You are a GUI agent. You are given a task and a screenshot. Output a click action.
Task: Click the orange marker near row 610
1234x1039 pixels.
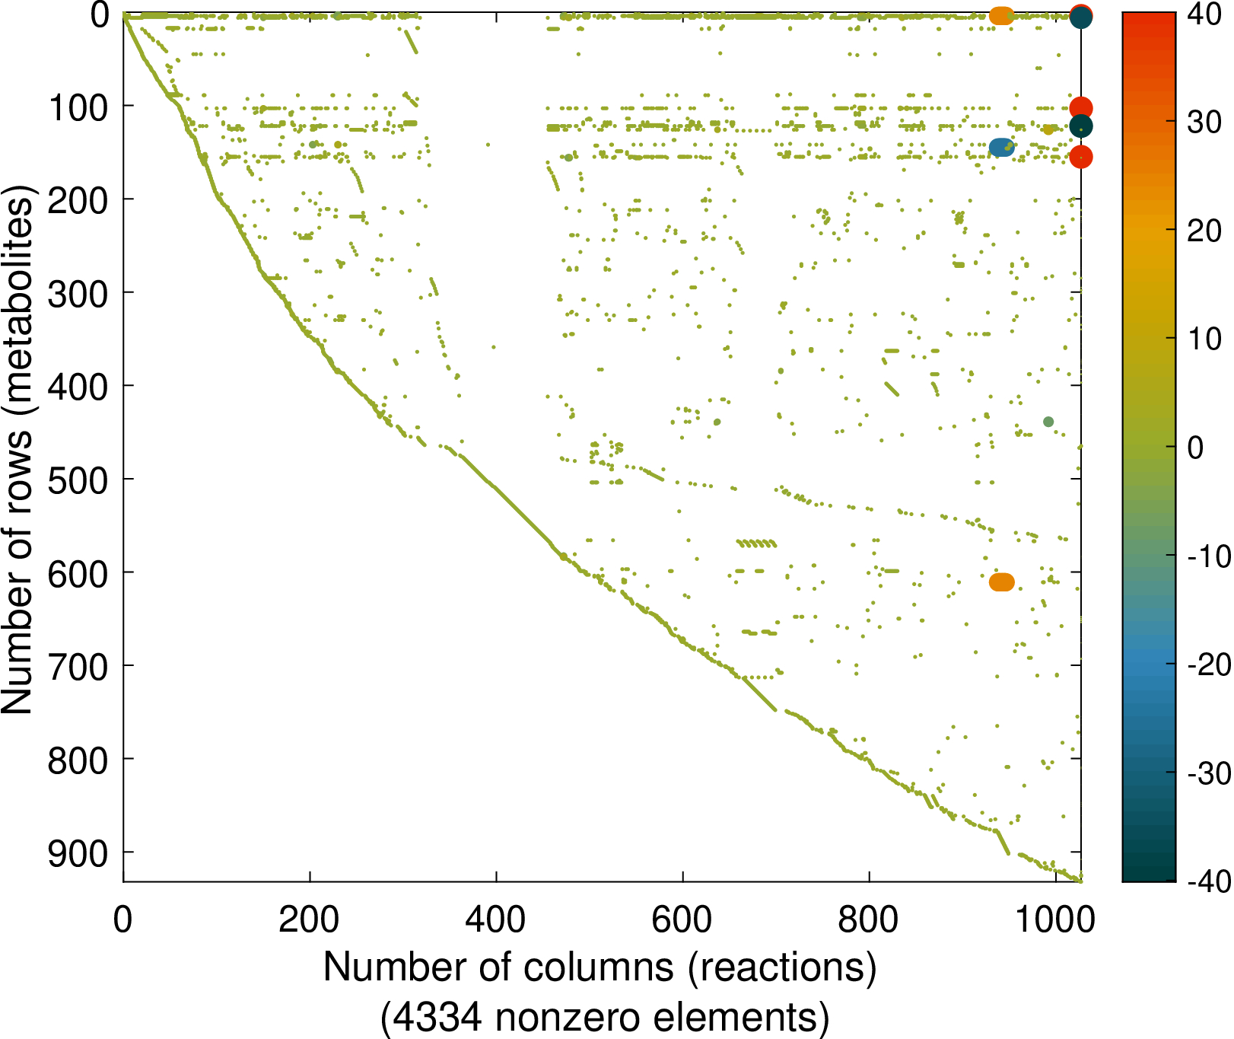1001,582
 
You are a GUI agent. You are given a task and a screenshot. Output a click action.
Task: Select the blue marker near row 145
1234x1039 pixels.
1001,148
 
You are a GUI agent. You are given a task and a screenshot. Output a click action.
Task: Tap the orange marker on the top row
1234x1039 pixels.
1001,15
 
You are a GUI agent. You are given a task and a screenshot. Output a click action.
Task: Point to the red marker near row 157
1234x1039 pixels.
1081,157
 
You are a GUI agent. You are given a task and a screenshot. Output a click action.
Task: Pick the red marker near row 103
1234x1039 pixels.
1081,108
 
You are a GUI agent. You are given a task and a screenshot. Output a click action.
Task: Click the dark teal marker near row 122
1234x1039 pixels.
1081,126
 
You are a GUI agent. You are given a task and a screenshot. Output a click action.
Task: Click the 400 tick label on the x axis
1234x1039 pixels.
495,920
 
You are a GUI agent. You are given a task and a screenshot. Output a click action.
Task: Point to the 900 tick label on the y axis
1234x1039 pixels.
78,853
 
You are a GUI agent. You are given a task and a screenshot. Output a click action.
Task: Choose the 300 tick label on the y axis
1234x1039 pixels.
78,293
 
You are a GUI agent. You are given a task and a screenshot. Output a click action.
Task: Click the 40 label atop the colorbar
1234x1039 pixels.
1204,14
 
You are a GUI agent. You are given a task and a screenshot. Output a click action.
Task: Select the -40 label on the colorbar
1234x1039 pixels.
1209,881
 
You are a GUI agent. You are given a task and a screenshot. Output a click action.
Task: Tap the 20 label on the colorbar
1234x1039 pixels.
1204,231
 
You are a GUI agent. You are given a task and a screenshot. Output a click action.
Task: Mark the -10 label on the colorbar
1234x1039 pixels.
1209,556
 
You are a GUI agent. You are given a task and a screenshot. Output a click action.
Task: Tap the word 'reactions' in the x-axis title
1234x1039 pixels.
783,967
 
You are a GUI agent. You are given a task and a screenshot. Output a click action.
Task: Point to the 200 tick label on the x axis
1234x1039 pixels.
309,920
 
